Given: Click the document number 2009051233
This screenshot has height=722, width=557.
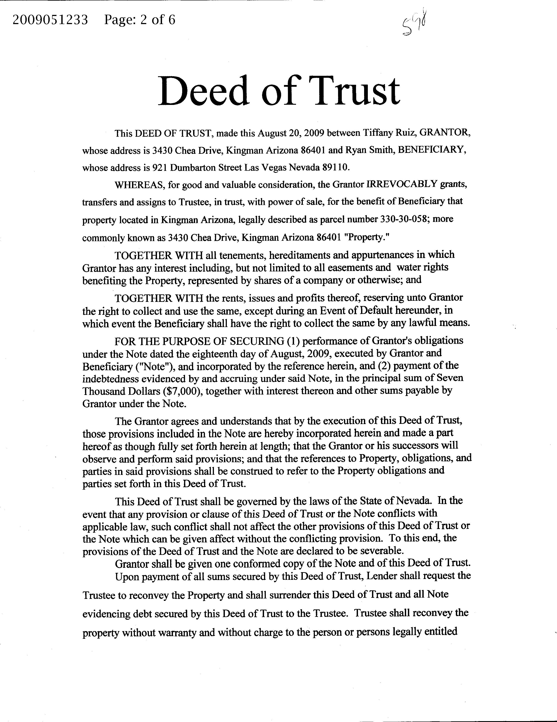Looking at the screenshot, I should (50, 21).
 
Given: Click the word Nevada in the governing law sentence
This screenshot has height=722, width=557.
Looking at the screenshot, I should (414, 501).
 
